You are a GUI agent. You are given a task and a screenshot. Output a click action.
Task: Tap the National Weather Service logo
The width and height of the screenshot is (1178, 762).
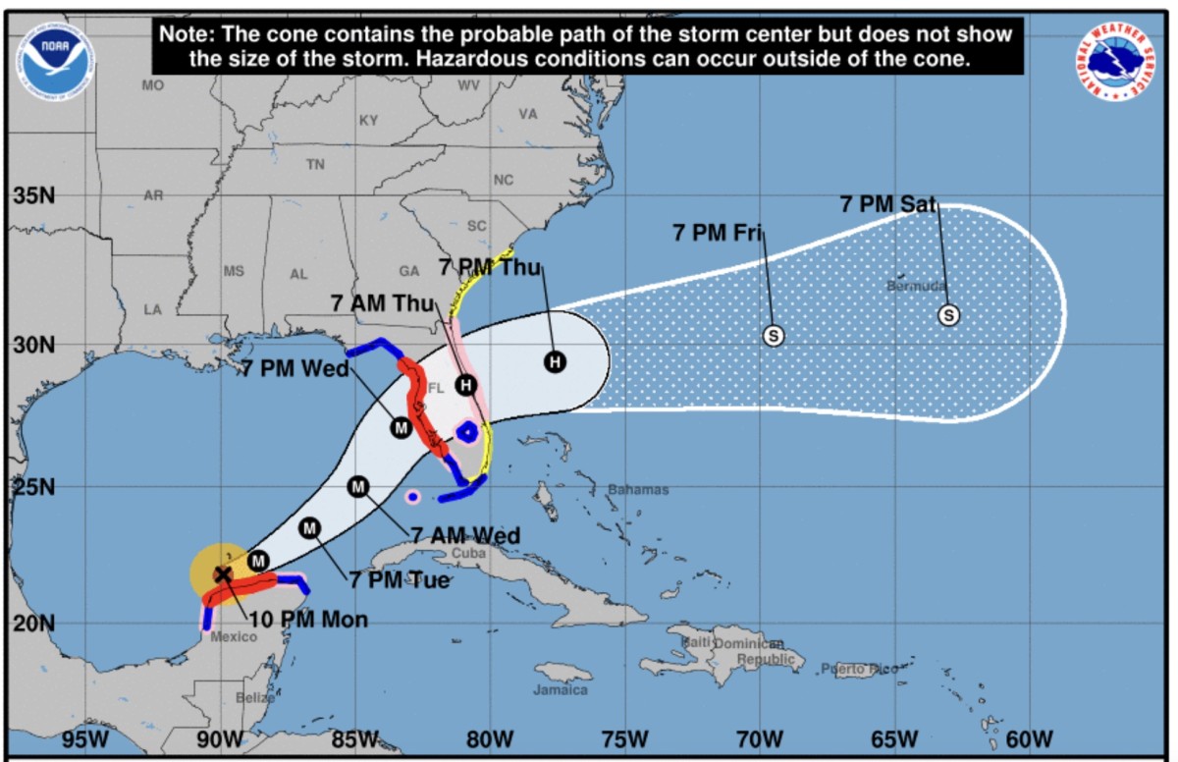(1115, 60)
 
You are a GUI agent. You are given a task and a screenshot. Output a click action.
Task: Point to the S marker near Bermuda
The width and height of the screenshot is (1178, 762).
(948, 315)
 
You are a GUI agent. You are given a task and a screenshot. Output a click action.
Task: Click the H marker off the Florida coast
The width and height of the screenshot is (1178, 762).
(555, 362)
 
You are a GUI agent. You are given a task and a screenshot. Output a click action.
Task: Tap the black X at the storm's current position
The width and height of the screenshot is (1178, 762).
(223, 574)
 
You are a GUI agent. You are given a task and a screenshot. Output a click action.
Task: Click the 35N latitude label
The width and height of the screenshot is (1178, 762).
(34, 195)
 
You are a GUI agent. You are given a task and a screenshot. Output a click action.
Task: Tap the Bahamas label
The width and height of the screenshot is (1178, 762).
(638, 490)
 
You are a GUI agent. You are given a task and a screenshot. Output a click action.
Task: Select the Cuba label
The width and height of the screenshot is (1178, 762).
(467, 553)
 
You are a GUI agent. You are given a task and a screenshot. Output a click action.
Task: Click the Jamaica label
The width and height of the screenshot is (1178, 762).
(561, 690)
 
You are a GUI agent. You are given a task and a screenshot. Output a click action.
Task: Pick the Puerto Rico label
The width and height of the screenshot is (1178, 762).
(860, 669)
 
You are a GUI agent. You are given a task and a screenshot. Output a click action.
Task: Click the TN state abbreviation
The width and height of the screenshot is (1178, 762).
(314, 165)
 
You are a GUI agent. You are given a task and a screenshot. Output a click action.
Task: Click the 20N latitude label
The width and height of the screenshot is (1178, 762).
(34, 623)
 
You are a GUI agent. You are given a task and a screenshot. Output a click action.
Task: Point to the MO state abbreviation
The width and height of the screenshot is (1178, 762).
(152, 85)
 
